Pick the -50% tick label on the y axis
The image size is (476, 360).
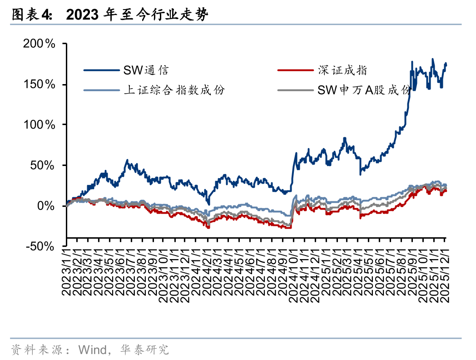tap(44, 246)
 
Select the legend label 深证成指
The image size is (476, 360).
tap(342, 70)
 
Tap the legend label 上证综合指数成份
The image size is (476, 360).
tap(174, 90)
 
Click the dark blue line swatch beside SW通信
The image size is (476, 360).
tap(101, 70)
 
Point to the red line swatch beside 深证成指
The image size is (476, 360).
tap(295, 70)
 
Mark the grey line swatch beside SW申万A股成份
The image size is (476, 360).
tap(295, 90)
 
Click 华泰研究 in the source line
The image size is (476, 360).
tap(144, 349)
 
